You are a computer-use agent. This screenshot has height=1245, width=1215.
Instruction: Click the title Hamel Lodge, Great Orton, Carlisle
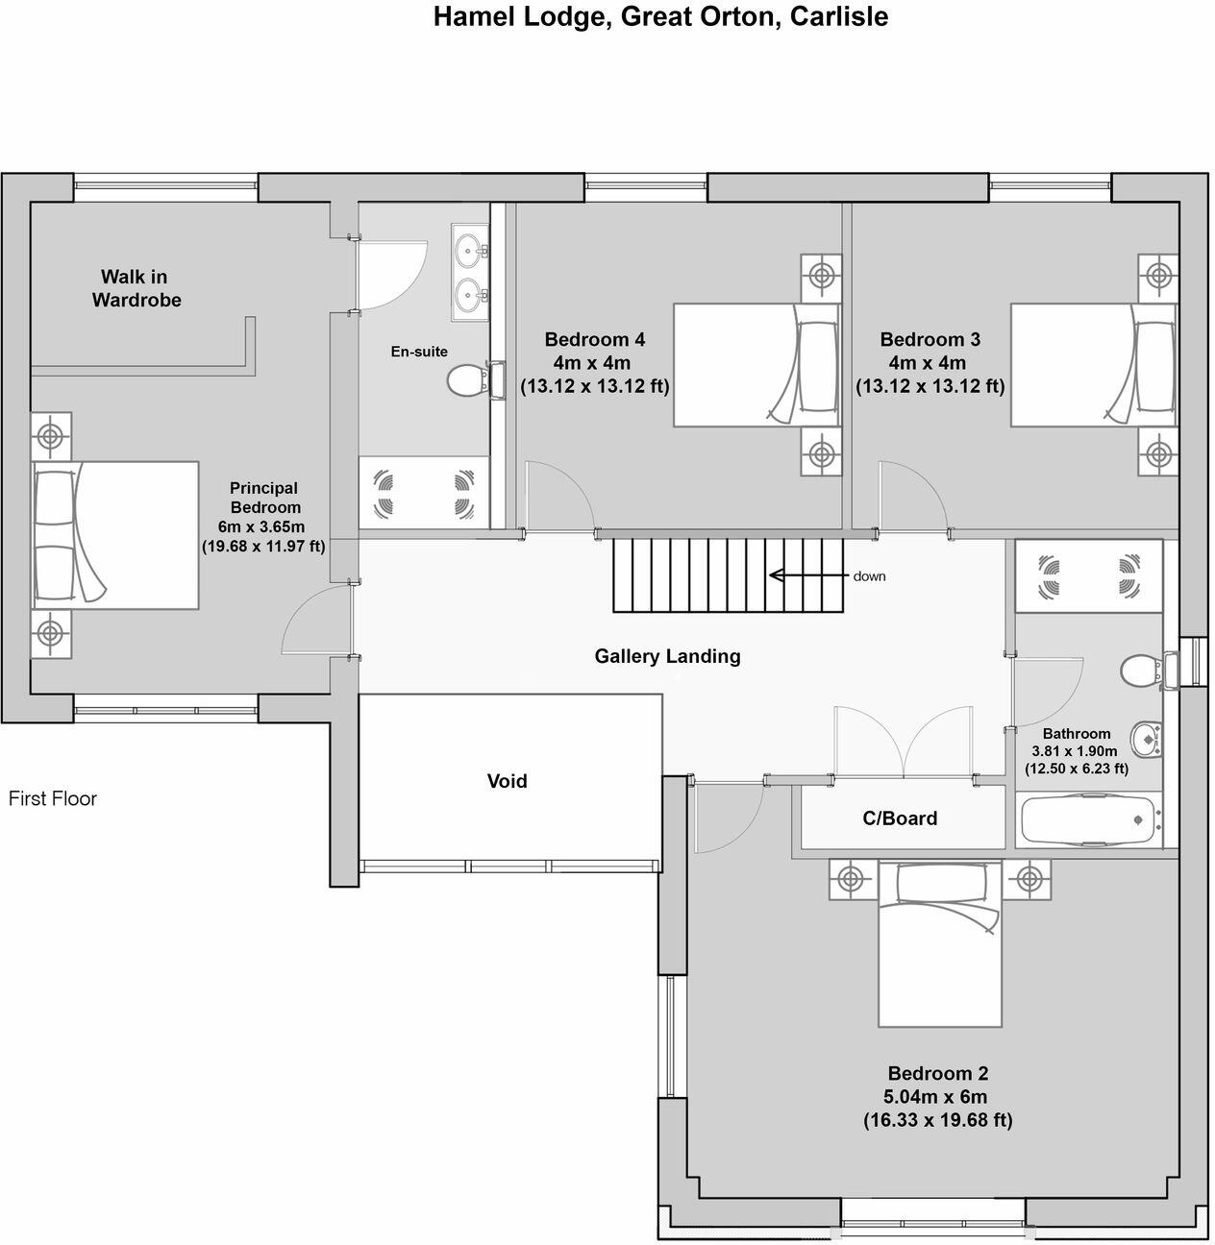(x=659, y=16)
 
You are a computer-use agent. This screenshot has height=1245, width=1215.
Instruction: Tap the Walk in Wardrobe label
(x=136, y=288)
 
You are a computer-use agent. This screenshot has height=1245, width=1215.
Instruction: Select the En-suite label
(x=418, y=352)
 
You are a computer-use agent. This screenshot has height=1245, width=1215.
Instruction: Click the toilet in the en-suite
(x=466, y=380)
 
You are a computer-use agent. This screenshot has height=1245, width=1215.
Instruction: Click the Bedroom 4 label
(x=594, y=339)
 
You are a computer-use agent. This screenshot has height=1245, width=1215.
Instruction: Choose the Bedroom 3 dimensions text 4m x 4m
(x=930, y=363)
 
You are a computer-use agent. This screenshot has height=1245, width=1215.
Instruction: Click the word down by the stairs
(x=869, y=576)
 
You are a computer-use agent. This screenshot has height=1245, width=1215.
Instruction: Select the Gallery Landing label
(x=667, y=656)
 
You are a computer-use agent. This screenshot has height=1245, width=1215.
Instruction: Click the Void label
(x=507, y=781)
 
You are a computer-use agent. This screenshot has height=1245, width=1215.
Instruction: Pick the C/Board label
(x=899, y=818)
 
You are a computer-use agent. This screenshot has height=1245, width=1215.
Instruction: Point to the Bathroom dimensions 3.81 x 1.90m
(x=1076, y=751)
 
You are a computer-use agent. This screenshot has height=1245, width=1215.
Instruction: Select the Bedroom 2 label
(x=937, y=1074)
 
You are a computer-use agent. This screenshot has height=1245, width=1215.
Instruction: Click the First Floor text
(x=53, y=798)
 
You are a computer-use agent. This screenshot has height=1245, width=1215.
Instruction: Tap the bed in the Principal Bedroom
(x=115, y=534)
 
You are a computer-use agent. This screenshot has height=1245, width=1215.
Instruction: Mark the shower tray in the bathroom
(x=1088, y=574)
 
